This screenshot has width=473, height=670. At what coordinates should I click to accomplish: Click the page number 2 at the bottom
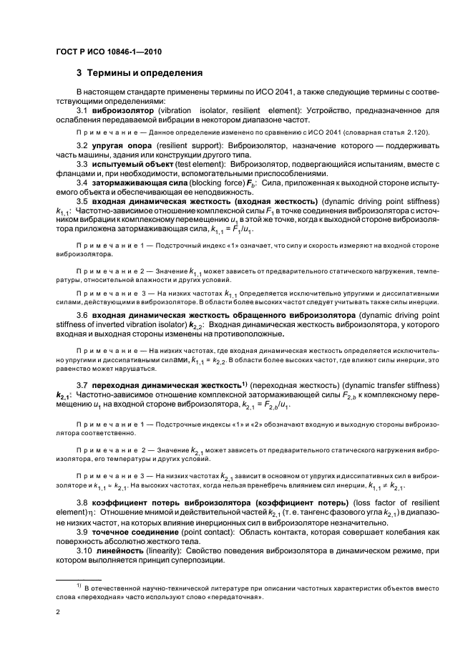pos(59,612)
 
